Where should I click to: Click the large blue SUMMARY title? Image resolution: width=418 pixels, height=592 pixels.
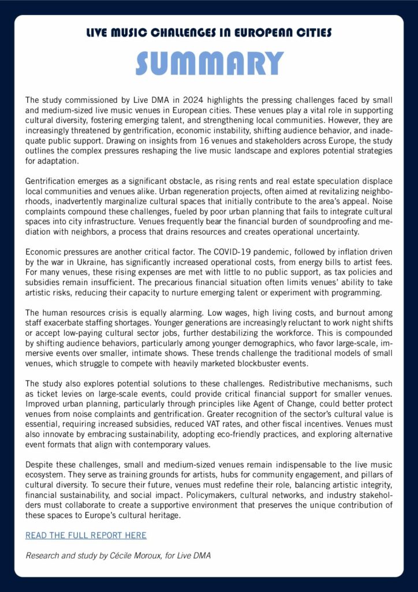point(209,64)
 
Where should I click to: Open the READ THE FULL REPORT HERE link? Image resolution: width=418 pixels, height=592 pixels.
point(85,535)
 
